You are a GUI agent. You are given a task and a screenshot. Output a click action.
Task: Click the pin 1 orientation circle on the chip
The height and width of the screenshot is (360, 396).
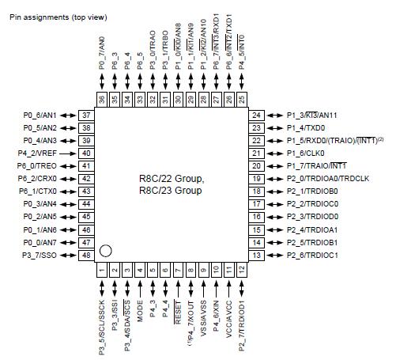pos(105,251)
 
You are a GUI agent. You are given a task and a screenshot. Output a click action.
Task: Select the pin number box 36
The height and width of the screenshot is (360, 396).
pos(102,99)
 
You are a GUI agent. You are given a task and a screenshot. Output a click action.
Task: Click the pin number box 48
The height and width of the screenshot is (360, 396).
pos(86,255)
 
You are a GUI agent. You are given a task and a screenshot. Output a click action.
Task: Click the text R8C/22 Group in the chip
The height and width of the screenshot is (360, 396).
pos(171,179)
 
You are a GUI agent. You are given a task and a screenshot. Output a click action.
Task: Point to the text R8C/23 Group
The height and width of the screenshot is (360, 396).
pos(171,191)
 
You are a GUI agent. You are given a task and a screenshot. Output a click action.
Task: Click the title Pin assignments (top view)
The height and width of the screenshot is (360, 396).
pos(58,17)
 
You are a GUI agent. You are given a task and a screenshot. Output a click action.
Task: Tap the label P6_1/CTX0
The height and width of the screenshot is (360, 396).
pos(39,191)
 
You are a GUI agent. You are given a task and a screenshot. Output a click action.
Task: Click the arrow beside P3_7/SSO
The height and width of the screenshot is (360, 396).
pos(67,255)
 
